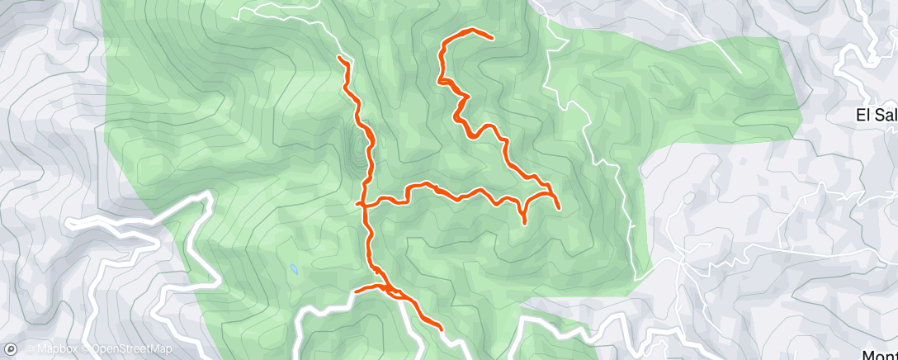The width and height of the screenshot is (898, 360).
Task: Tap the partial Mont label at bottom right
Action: [880, 353]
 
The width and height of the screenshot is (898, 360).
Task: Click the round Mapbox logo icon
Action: [11, 349]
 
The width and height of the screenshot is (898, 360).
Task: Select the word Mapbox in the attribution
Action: [54, 349]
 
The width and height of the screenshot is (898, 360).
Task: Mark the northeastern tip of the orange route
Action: [492, 38]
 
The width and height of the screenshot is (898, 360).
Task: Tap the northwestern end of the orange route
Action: [340, 57]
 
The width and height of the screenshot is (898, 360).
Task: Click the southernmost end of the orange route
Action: [442, 329]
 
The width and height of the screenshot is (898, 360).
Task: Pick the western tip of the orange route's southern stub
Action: [355, 291]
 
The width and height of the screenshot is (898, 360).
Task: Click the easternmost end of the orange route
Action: [560, 207]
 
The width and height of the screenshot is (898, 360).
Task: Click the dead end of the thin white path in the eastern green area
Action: [741, 73]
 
